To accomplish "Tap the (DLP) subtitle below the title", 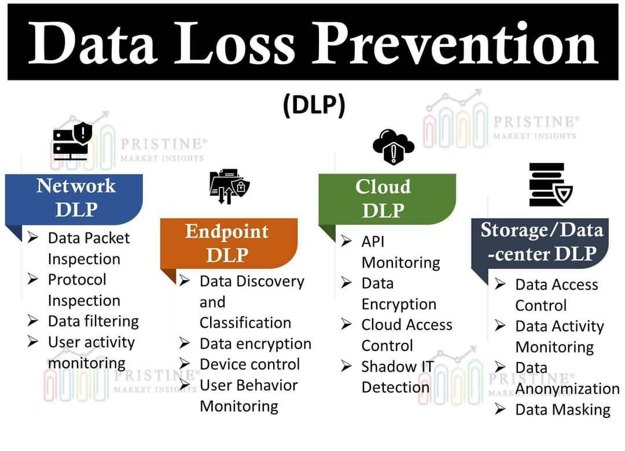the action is pyautogui.click(x=314, y=105).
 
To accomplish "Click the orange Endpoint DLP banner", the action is pyautogui.click(x=229, y=243).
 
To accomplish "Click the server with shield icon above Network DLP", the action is pyautogui.click(x=72, y=141).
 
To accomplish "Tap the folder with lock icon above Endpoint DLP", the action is pyautogui.click(x=230, y=186).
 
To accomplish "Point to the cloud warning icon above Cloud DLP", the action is pyautogui.click(x=394, y=146).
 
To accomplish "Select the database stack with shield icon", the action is pyautogui.click(x=550, y=184).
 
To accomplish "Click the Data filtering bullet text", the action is pyautogui.click(x=93, y=321).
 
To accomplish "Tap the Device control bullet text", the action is pyautogui.click(x=250, y=364).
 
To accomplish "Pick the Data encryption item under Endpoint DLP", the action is pyautogui.click(x=256, y=344).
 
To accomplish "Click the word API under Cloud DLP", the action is pyautogui.click(x=373, y=242).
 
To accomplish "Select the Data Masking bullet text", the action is pyautogui.click(x=563, y=409).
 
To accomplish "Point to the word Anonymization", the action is pyautogui.click(x=568, y=389).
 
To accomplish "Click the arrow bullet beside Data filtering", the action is pyautogui.click(x=32, y=320).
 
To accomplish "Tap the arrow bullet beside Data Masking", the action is pyautogui.click(x=500, y=409).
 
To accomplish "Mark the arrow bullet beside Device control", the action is pyautogui.click(x=184, y=363).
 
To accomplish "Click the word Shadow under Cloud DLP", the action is pyautogui.click(x=383, y=367).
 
